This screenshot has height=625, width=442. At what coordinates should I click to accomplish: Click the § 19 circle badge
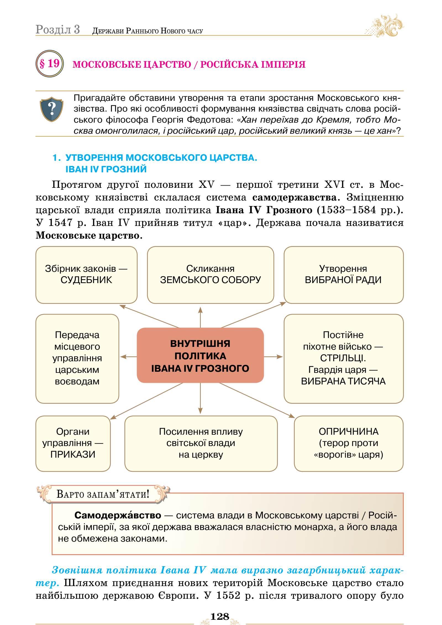point(49,64)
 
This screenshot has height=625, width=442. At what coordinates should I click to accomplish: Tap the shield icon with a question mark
point(52,109)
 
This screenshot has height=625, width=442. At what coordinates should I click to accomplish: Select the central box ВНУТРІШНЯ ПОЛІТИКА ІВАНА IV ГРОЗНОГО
point(200,355)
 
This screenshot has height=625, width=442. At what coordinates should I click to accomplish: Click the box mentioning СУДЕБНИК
point(86,275)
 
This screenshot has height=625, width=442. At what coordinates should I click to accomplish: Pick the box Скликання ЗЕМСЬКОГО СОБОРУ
point(210,275)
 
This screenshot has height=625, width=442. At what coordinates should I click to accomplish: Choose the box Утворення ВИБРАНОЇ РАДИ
point(343,275)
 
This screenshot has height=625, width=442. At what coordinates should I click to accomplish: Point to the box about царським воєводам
point(77,358)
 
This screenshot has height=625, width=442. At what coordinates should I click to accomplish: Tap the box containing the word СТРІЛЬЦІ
point(343,358)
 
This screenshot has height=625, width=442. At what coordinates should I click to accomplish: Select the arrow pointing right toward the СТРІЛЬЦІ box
point(273,357)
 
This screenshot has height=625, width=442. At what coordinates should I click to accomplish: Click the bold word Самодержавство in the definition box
point(118,515)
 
